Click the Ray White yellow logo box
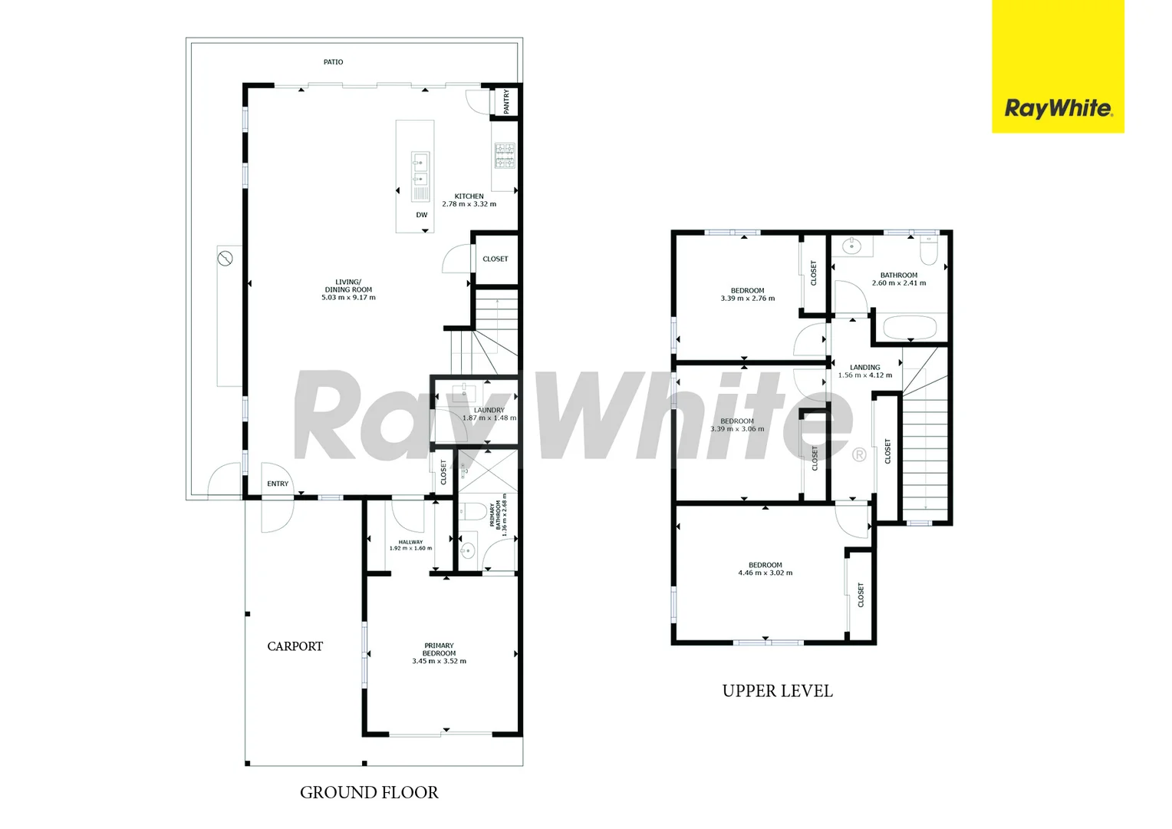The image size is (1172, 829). coord(1057,67)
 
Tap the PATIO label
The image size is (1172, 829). coord(333,62)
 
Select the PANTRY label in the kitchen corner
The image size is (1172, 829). coord(506,101)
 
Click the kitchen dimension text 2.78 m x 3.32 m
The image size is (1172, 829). coord(469,204)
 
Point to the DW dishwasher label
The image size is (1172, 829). coord(422,215)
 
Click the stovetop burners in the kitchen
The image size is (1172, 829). coord(504,155)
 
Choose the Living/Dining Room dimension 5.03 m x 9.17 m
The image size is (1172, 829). coord(348,298)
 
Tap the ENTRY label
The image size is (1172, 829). coord(278,484)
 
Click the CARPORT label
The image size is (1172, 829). coord(295,646)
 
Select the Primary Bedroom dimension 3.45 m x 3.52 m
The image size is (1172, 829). coord(439,661)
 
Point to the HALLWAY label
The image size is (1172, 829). coord(410,542)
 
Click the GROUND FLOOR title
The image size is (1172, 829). coord(369,792)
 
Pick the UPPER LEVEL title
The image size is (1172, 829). coord(777,691)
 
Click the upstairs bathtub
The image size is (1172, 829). coord(910,328)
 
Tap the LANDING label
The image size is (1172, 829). coord(864,368)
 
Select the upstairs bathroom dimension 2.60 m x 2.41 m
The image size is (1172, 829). coord(898,283)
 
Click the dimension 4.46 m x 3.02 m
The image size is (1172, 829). coord(765,573)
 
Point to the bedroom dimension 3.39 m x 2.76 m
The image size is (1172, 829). coord(747,299)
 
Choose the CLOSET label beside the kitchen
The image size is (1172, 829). coord(495,259)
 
